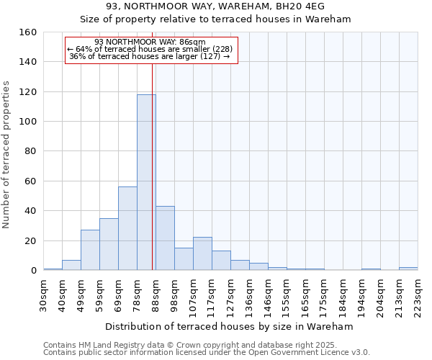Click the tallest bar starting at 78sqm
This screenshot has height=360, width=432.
pyautogui.click(x=146, y=182)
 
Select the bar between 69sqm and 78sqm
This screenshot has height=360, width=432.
pyautogui.click(x=127, y=228)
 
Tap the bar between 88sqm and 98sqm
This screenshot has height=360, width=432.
pyautogui.click(x=165, y=238)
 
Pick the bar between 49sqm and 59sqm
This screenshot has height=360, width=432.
pyautogui.click(x=90, y=250)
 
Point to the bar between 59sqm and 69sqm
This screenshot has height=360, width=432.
pyautogui.click(x=109, y=244)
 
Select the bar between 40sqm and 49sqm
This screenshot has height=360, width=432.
pyautogui.click(x=71, y=265)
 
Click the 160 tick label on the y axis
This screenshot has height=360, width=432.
pyautogui.click(x=28, y=32)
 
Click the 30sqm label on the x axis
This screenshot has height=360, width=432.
pyautogui.click(x=43, y=295)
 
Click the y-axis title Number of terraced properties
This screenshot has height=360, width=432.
pyautogui.click(x=6, y=155)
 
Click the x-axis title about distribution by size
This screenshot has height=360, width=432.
pyautogui.click(x=230, y=326)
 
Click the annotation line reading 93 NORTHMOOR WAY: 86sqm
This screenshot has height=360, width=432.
pyautogui.click(x=150, y=42)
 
